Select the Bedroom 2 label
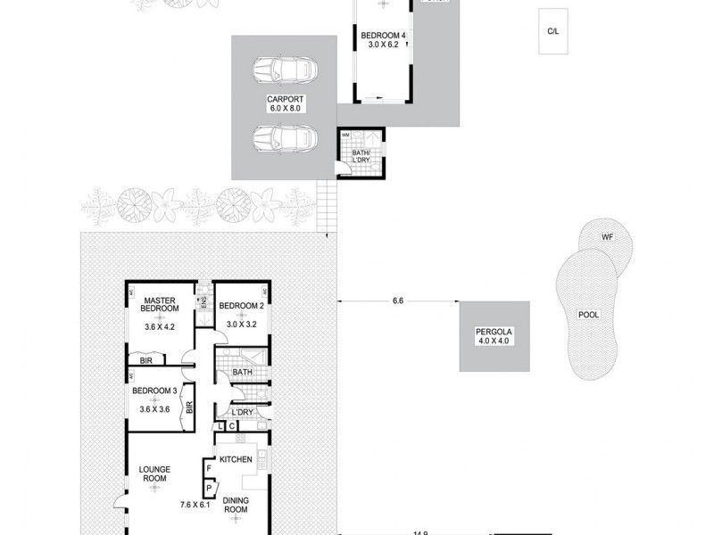(x=241, y=306)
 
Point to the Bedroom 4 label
(x=382, y=37)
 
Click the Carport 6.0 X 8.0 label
(x=286, y=103)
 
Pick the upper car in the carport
(x=282, y=70)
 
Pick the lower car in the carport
(x=282, y=136)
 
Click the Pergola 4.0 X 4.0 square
(x=495, y=336)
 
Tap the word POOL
(x=588, y=315)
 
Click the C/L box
(x=553, y=31)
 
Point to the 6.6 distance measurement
(x=398, y=301)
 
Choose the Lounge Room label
(x=154, y=473)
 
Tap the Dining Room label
(x=235, y=506)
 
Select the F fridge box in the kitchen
(x=208, y=467)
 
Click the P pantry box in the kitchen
(x=208, y=488)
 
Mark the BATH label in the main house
(x=242, y=372)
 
